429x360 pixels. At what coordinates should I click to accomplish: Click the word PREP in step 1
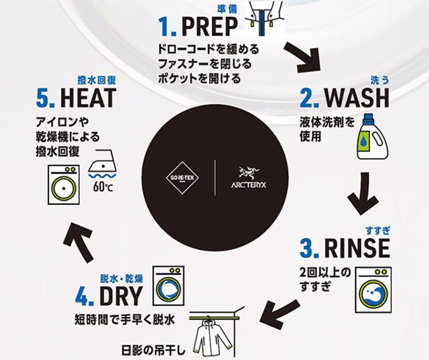pyautogui.click(x=210, y=26)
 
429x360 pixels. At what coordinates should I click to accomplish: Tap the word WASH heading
pyautogui.click(x=357, y=98)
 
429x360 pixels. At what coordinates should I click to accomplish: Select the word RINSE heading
pyautogui.click(x=357, y=248)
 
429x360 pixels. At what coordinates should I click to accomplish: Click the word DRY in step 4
pyautogui.click(x=121, y=296)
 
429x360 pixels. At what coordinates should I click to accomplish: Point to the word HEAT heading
pyautogui.click(x=88, y=98)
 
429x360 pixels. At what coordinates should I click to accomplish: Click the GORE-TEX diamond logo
pyautogui.click(x=182, y=178)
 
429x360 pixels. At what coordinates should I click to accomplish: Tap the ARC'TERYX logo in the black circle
pyautogui.click(x=248, y=178)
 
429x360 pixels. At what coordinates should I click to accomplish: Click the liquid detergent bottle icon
pyautogui.click(x=373, y=136)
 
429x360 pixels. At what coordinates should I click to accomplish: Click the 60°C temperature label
pyautogui.click(x=103, y=187)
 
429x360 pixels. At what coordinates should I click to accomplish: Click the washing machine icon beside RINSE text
pyautogui.click(x=373, y=290)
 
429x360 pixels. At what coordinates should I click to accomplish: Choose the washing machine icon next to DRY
pyautogui.click(x=168, y=286)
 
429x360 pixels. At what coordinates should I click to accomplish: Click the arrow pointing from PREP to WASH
pyautogui.click(x=302, y=58)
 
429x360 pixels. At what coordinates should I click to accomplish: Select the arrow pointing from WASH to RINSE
pyautogui.click(x=363, y=193)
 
